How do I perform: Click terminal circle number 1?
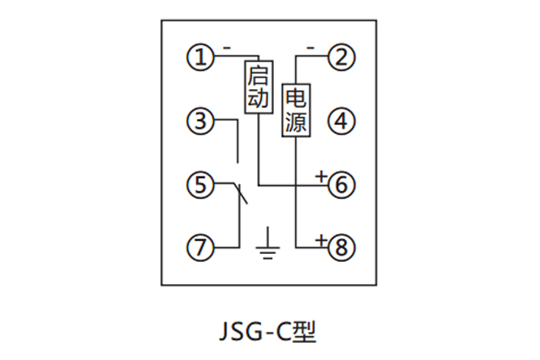point(199,58)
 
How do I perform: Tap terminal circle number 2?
point(340,58)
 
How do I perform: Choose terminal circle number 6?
point(340,185)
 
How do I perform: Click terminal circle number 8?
point(340,245)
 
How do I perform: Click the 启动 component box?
point(257,86)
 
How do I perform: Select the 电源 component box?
point(296,110)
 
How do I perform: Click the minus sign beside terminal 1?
point(226,45)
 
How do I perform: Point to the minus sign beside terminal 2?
point(310,45)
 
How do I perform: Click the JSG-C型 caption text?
point(269,330)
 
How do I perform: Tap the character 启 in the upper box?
point(257,75)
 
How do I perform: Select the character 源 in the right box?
point(296,122)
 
